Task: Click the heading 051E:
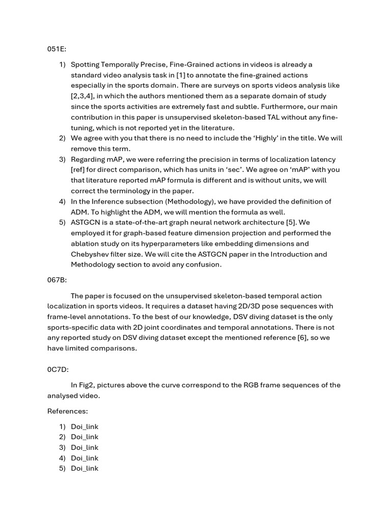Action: click(x=57, y=49)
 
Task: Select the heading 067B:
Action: click(x=57, y=280)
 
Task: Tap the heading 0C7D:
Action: click(x=58, y=369)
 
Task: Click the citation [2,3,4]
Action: click(x=85, y=96)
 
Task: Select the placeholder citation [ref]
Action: click(x=79, y=169)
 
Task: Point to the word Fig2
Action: click(x=88, y=385)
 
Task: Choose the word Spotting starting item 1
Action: click(x=86, y=65)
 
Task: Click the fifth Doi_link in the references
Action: click(x=85, y=469)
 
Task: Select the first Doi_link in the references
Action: click(x=85, y=426)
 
